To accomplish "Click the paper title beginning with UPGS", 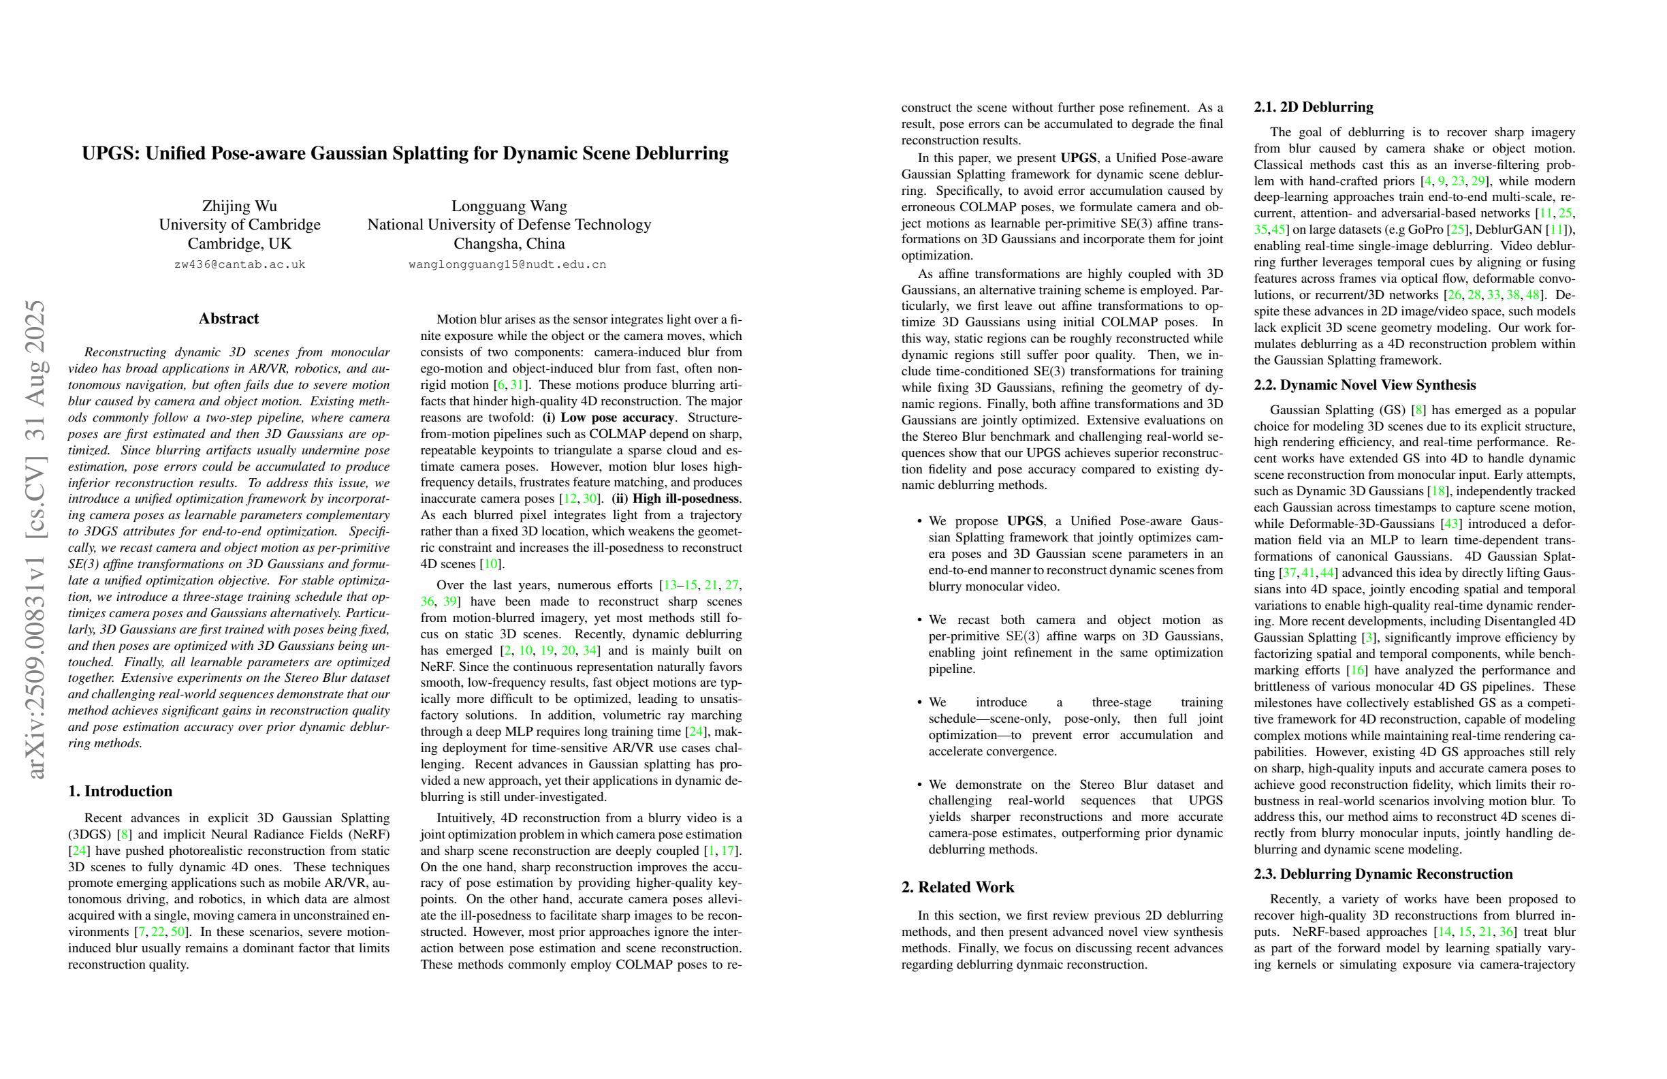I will pos(405,153).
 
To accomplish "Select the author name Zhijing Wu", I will pos(240,206).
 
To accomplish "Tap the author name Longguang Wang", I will pos(509,206).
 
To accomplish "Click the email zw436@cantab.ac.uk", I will pos(240,265).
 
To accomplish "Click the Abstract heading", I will pos(228,319).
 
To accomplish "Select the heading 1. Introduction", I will pos(120,791).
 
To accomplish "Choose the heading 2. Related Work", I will pos(957,887).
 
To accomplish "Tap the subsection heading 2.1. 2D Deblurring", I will pos(1314,107).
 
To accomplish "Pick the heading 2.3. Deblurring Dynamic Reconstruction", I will pos(1383,874).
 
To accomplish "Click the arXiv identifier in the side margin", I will pos(35,539).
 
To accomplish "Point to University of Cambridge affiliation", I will pos(240,225).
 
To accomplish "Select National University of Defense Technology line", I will pos(509,225).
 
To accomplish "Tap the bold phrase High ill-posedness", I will pos(676,499).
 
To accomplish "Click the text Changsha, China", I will pos(509,244).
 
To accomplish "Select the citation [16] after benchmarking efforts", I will pos(1356,670).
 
